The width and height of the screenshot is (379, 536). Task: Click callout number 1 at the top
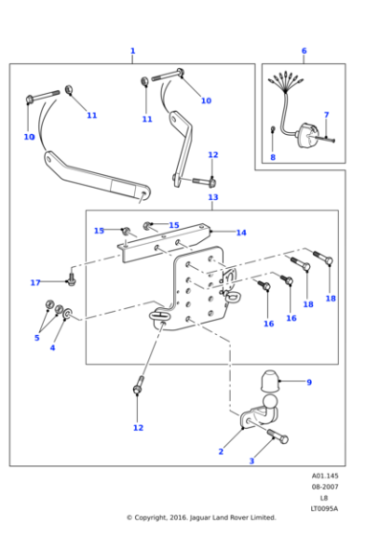[132, 51]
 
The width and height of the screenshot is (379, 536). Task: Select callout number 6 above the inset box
[303, 51]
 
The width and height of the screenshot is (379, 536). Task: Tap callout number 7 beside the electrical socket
[325, 115]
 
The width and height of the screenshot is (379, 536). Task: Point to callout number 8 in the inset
[272, 157]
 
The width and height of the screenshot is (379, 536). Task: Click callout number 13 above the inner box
[212, 197]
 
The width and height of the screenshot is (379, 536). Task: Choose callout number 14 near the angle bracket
[241, 233]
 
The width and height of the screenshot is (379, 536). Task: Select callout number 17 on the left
[35, 282]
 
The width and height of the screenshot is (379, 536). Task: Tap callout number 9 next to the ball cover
[308, 382]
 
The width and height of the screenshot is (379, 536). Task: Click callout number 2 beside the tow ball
[220, 451]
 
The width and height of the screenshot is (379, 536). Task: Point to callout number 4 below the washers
[53, 347]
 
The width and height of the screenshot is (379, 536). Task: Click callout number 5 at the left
[37, 337]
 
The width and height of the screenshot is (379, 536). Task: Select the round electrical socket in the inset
[309, 135]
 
